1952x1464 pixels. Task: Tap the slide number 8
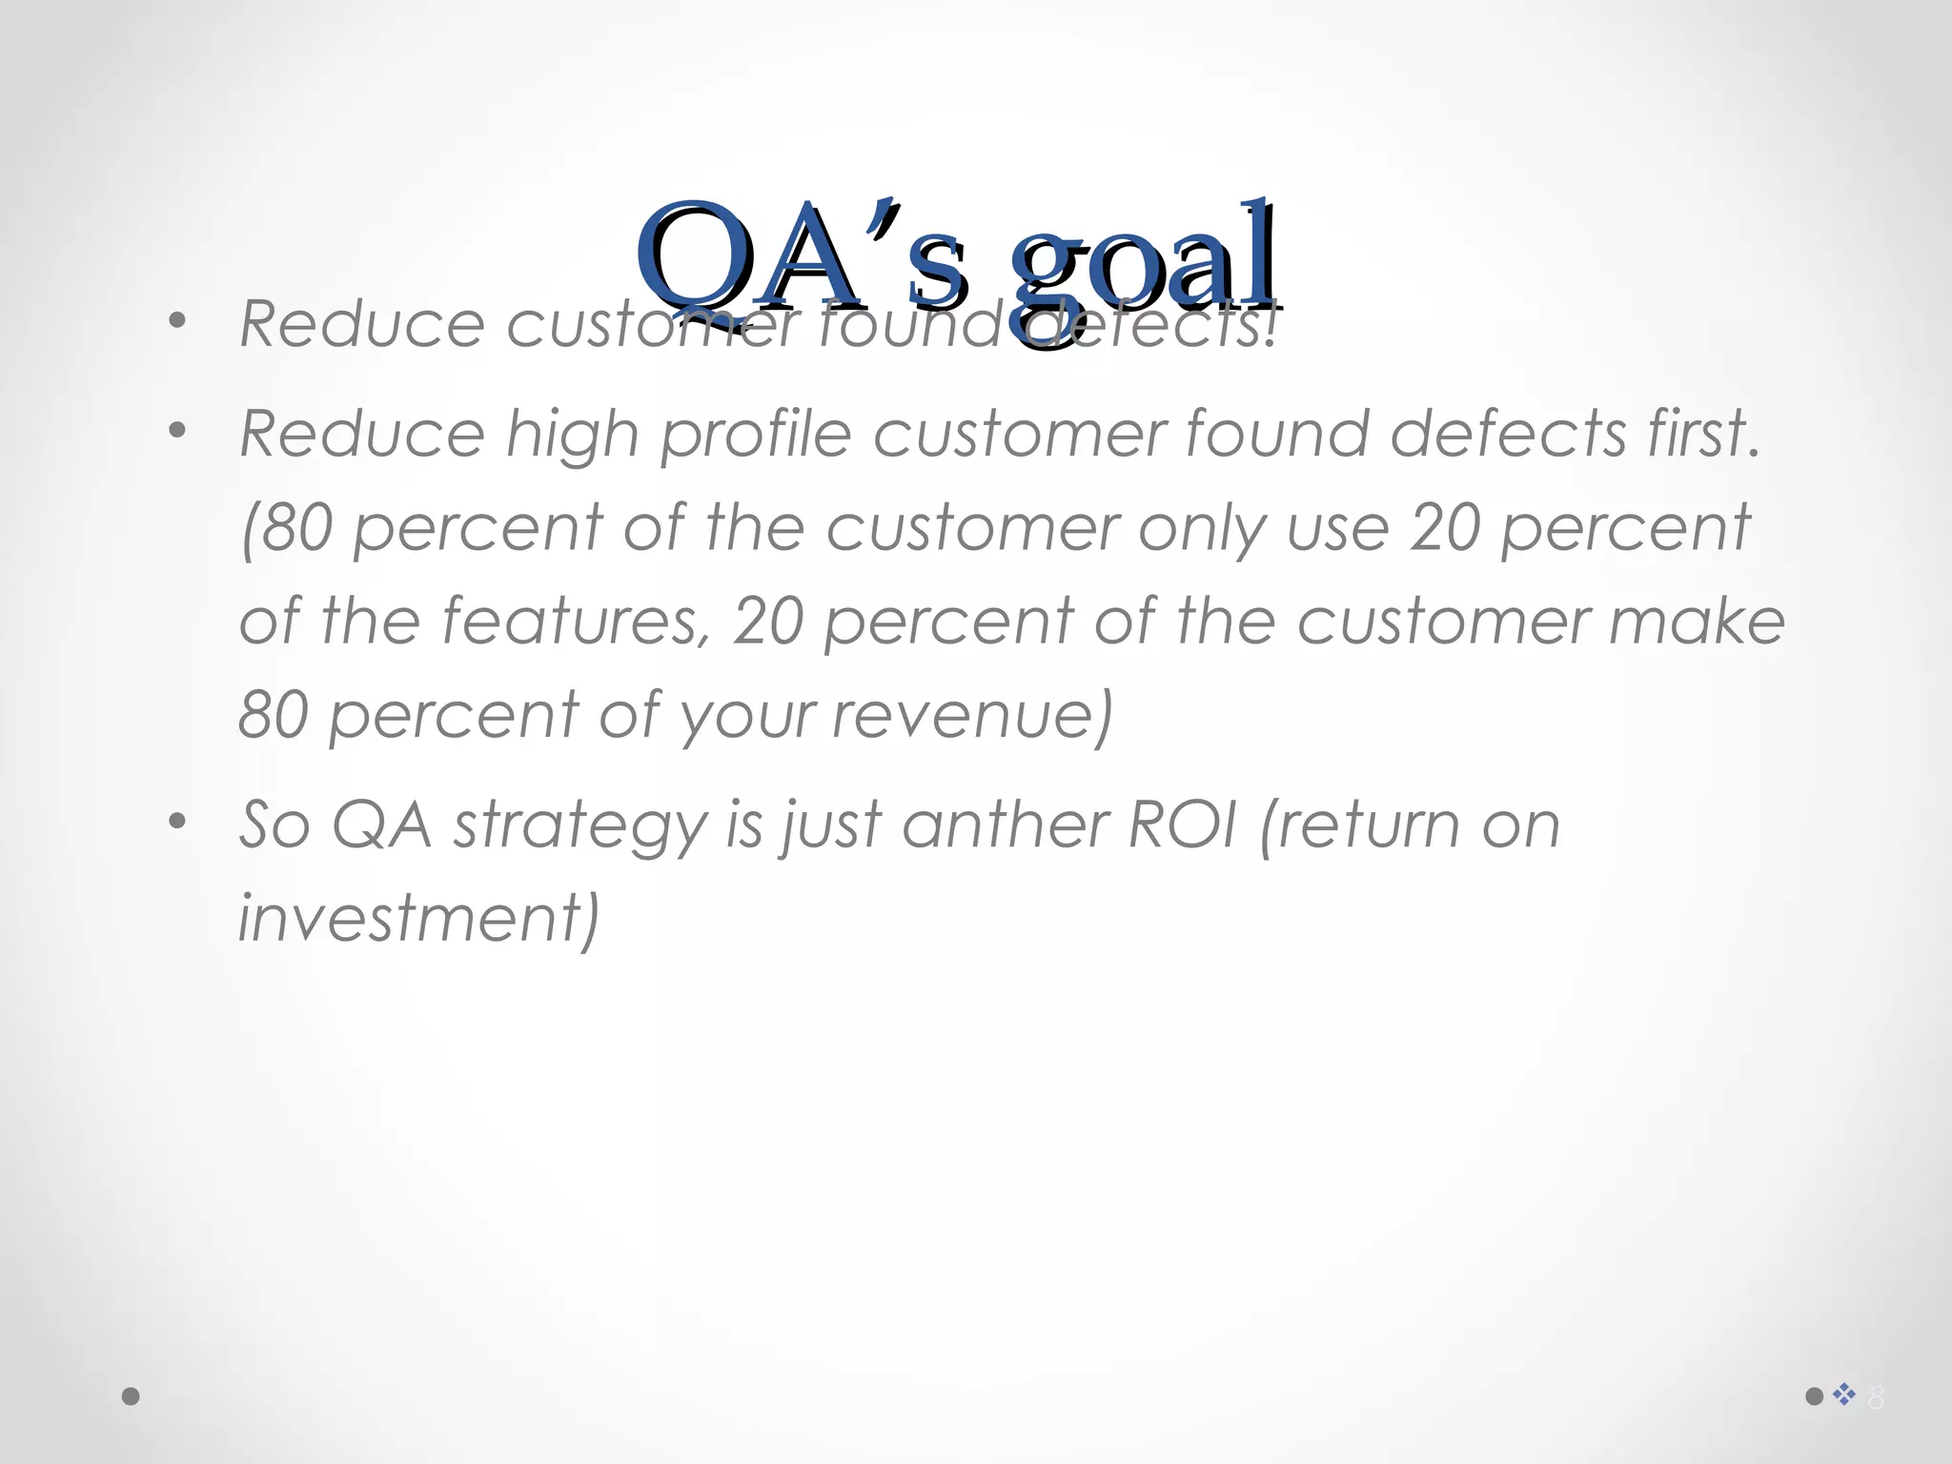click(x=1876, y=1397)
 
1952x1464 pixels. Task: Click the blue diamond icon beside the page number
click(x=1844, y=1394)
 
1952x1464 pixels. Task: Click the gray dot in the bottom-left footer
click(x=132, y=1396)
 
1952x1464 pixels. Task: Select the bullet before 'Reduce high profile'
click(x=177, y=431)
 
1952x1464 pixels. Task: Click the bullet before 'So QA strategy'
click(x=177, y=821)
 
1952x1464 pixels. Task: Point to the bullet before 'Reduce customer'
click(x=177, y=321)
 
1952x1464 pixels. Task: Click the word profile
click(x=755, y=435)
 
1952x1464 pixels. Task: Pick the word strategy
click(x=579, y=825)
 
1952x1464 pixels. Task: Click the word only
click(x=1203, y=528)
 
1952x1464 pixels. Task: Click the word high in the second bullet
click(x=572, y=435)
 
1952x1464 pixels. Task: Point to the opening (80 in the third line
click(x=288, y=528)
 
